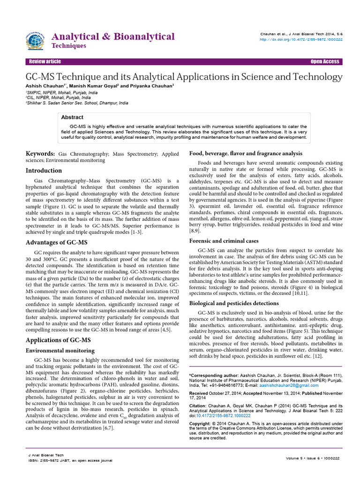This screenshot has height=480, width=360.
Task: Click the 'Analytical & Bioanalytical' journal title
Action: [113, 37]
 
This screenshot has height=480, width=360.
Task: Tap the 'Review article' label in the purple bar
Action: [45, 62]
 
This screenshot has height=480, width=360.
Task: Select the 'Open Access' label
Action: [325, 62]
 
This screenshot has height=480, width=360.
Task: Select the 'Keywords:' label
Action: [40, 154]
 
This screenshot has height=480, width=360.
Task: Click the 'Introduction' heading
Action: [44, 171]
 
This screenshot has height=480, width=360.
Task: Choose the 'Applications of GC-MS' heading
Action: [58, 340]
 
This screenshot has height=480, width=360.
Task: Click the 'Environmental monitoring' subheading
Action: [60, 350]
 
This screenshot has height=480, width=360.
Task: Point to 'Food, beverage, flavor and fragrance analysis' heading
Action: [245, 153]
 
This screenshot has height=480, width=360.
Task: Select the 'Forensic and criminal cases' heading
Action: [224, 241]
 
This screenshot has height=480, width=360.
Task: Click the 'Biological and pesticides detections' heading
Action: [234, 303]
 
